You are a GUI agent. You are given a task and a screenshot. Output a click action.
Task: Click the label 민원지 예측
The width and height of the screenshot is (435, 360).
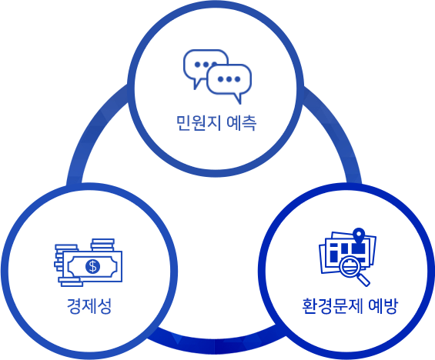pyautogui.click(x=216, y=123)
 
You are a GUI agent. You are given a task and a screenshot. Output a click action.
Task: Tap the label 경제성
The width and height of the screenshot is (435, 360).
pyautogui.click(x=89, y=306)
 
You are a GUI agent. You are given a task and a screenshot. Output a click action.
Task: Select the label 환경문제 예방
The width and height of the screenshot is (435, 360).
pyautogui.click(x=350, y=306)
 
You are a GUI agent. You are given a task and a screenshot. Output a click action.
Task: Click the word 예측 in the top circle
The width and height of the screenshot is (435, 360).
pyautogui.click(x=241, y=123)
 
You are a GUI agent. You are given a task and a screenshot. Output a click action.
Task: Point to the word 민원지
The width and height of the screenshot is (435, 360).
pyautogui.click(x=199, y=123)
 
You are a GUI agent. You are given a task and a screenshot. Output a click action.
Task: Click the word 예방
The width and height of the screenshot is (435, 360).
pyautogui.click(x=383, y=306)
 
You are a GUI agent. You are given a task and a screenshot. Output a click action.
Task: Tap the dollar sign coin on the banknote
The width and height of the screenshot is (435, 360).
pyautogui.click(x=92, y=267)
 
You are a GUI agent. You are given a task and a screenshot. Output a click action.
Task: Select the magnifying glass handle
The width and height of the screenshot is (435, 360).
pyautogui.click(x=363, y=280)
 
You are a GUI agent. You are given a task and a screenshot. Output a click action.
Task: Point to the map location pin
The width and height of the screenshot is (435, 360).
pyautogui.click(x=360, y=235)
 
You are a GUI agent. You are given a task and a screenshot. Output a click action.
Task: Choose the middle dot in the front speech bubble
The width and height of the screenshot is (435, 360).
pyautogui.click(x=229, y=79)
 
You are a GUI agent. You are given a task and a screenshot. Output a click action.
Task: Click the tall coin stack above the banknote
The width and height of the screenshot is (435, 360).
pyautogui.click(x=102, y=245)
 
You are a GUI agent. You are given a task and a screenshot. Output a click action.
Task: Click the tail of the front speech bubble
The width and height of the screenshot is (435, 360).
pyautogui.click(x=238, y=98)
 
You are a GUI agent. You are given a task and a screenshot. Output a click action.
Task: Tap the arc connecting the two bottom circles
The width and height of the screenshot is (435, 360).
pyautogui.click(x=216, y=345)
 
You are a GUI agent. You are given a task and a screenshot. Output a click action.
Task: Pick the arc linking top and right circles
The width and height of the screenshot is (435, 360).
pyautogui.click(x=340, y=130)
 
